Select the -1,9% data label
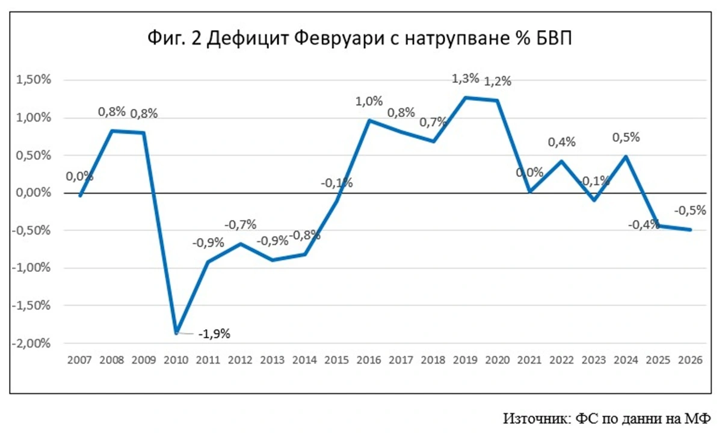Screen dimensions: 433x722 pyautogui.click(x=214, y=334)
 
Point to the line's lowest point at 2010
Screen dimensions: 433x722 pyautogui.click(x=176, y=333)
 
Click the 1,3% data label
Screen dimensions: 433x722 pyautogui.click(x=466, y=78)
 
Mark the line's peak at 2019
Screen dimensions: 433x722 pyautogui.click(x=466, y=97)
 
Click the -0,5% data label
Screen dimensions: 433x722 pyautogui.click(x=690, y=210)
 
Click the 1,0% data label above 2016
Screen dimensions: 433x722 pyautogui.click(x=369, y=101)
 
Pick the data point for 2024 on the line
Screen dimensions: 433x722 pyautogui.click(x=626, y=156)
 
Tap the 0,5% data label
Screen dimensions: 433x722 pyautogui.click(x=626, y=137)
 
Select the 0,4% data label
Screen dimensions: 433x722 pyautogui.click(x=562, y=142)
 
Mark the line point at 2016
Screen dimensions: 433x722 pyautogui.click(x=369, y=120)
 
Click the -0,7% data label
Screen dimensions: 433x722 pyautogui.click(x=241, y=224)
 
